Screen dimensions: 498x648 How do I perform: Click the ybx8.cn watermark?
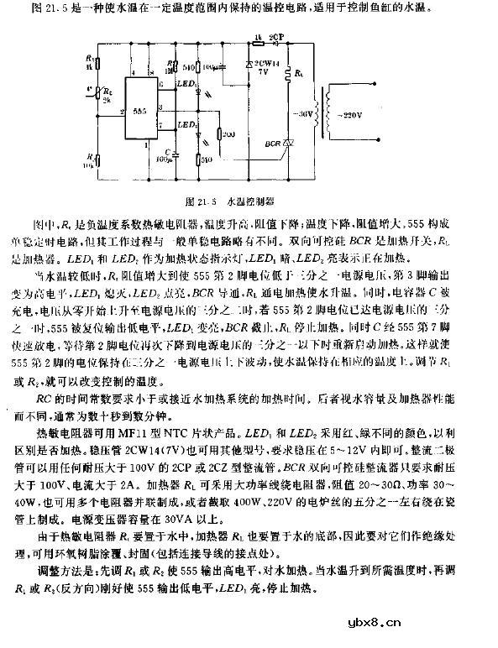click(458, 623)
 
